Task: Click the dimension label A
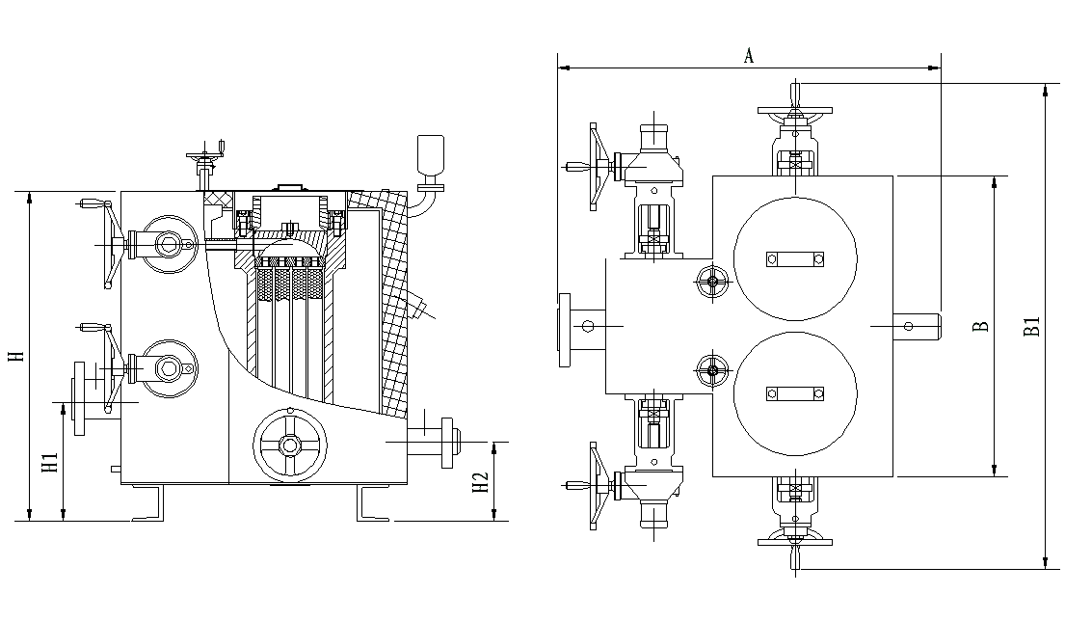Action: pyautogui.click(x=749, y=55)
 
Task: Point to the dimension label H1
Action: pyautogui.click(x=50, y=463)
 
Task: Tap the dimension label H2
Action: pyautogui.click(x=480, y=482)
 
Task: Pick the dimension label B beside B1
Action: pyautogui.click(x=980, y=326)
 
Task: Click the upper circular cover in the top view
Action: pyautogui.click(x=795, y=258)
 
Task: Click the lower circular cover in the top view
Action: pyautogui.click(x=795, y=393)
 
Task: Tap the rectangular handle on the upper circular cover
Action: pyautogui.click(x=795, y=258)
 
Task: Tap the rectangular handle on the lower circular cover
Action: pyautogui.click(x=795, y=393)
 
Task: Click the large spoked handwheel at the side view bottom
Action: pyautogui.click(x=290, y=445)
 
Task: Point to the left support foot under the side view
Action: pyautogui.click(x=148, y=503)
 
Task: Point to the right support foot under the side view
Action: pyautogui.click(x=374, y=503)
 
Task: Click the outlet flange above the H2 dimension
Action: pyautogui.click(x=447, y=443)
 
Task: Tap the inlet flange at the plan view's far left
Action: pyautogui.click(x=565, y=330)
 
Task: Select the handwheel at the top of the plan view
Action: pyautogui.click(x=795, y=110)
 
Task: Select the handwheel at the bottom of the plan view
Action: pyautogui.click(x=795, y=542)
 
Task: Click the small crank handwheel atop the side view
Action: pyautogui.click(x=206, y=154)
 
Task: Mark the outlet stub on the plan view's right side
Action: pyautogui.click(x=917, y=326)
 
